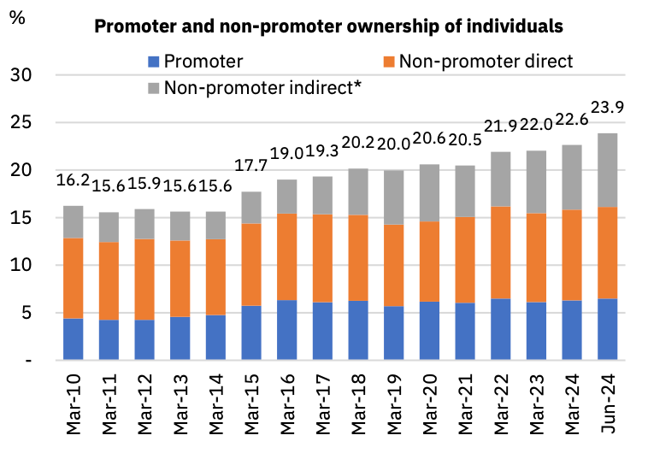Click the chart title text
pos(328,26)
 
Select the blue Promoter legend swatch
pos(153,62)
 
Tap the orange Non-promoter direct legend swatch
pos(389,62)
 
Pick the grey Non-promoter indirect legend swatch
pos(153,86)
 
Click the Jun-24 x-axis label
pos(608,399)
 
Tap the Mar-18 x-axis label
pos(357,399)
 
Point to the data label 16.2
pos(74,180)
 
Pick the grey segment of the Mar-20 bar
pos(429,193)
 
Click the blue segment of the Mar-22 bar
pos(500,329)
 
